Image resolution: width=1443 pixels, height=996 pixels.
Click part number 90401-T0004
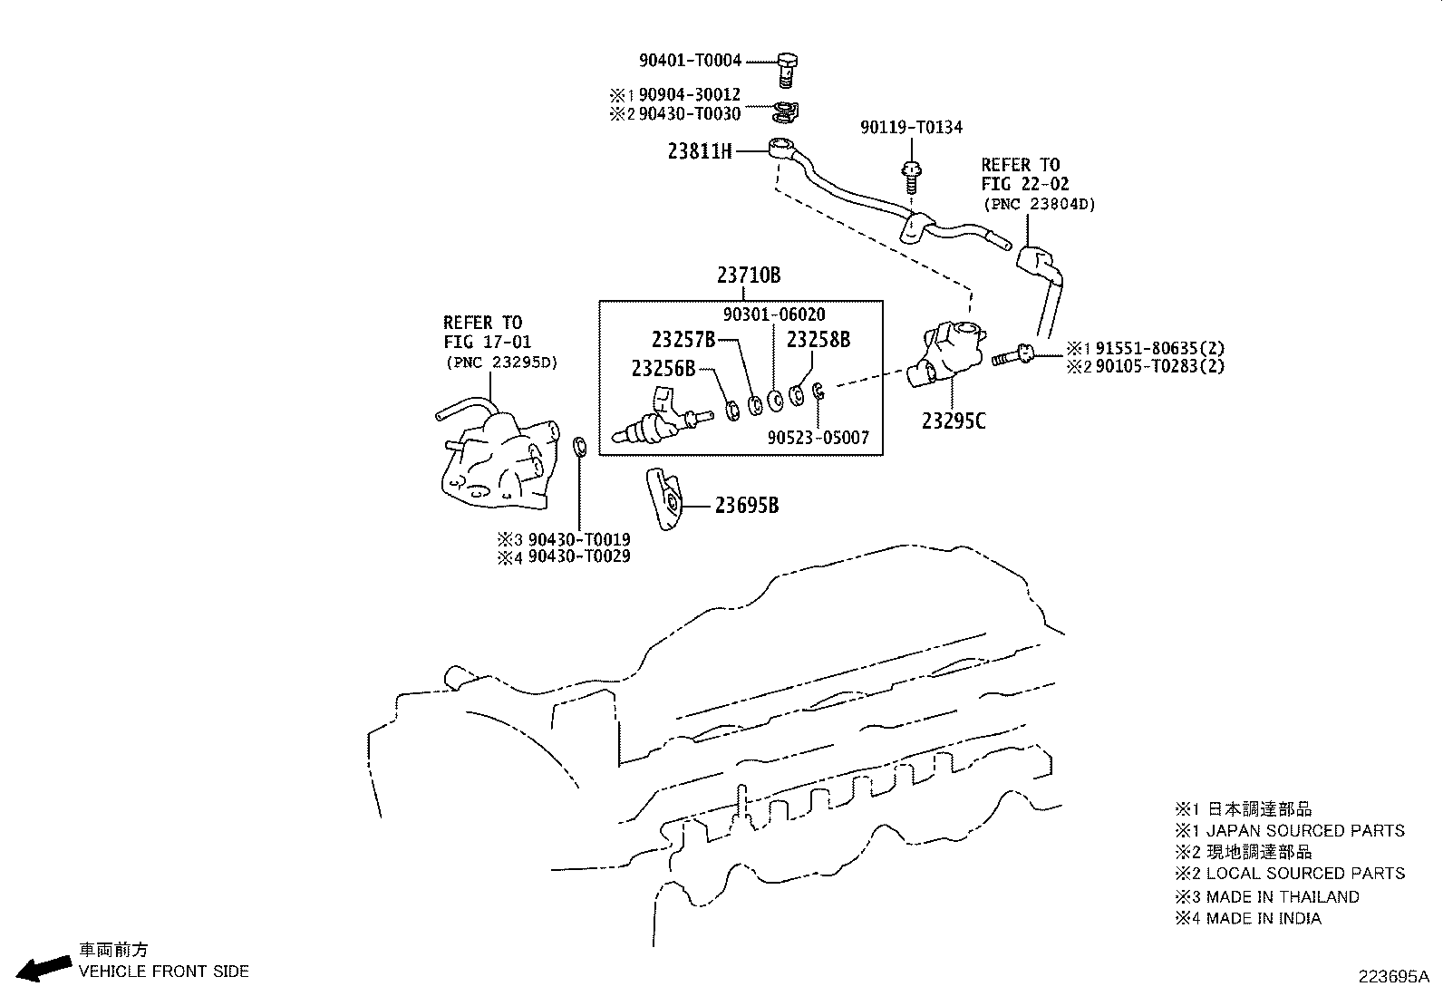690,61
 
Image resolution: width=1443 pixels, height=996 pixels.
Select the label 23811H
700,152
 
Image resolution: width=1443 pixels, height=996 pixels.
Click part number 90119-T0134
911,128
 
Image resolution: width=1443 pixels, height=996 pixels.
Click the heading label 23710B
748,276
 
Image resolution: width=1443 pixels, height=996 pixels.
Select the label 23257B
683,340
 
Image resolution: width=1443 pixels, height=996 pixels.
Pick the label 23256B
663,369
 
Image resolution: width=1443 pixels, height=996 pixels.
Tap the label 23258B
818,340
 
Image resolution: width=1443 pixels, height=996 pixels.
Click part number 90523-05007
818,438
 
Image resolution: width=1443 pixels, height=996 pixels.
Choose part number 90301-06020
774,314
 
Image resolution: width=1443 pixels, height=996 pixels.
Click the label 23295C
954,421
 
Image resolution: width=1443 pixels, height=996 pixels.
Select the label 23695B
746,506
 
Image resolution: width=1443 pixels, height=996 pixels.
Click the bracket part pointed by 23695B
665,499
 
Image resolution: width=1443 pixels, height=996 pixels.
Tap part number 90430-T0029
579,556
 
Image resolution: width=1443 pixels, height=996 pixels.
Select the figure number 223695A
1392,977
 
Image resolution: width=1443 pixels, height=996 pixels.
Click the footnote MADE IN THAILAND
1282,896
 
